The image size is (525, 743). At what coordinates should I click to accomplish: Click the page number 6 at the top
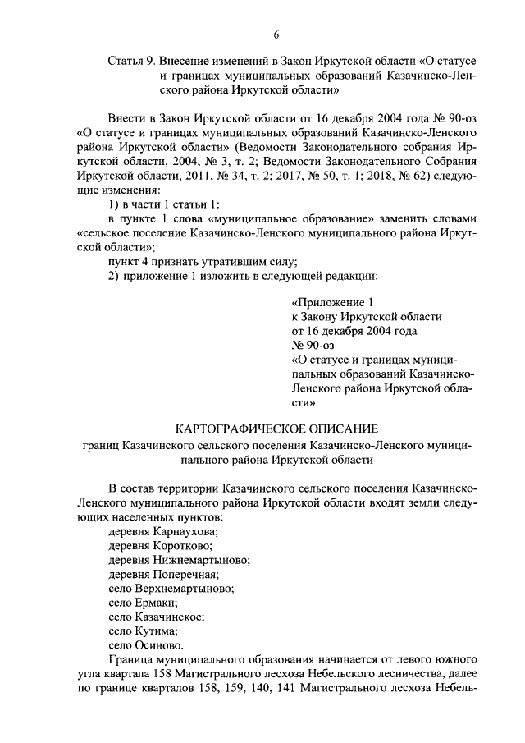coord(276,34)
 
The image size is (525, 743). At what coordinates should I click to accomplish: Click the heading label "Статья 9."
coord(132,62)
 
